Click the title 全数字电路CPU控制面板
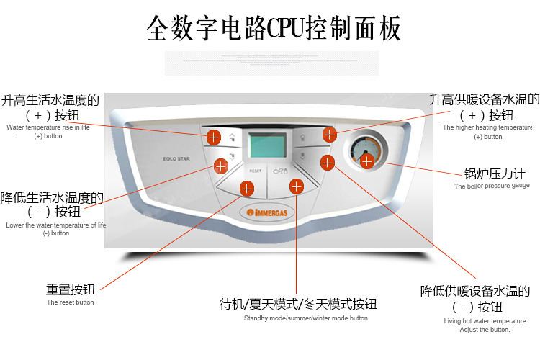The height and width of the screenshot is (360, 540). pos(273,29)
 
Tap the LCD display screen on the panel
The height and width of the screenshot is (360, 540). pos(266,148)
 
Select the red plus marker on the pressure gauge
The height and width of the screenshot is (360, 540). pos(367,161)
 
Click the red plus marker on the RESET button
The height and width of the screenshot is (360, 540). pos(247,189)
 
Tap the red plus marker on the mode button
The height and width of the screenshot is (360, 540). pos(295,186)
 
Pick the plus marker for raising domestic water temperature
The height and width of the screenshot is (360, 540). pos(214,137)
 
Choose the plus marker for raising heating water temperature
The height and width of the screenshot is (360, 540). pos(330,134)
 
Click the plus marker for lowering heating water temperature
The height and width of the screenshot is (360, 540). pos(328,163)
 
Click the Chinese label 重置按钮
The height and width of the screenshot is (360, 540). pos(71,290)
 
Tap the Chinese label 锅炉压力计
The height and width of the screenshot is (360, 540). pos(495,174)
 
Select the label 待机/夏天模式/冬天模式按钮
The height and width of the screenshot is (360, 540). pos(298,305)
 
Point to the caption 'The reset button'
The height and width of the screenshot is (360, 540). pos(71,303)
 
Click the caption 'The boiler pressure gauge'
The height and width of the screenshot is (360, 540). pos(492,186)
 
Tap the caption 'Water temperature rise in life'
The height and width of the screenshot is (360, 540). pos(48,127)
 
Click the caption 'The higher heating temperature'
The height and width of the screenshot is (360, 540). pos(487,127)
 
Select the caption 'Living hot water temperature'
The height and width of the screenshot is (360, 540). pos(485,320)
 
